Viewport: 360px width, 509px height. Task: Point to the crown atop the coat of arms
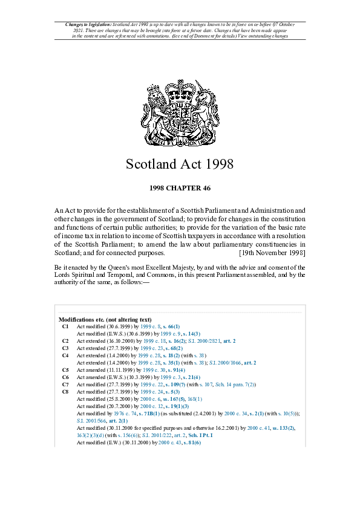tap(180, 88)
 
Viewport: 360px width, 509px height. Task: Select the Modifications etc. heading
tap(105, 319)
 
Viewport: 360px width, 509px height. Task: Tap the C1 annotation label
tap(65, 326)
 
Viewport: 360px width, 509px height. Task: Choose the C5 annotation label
tap(65, 369)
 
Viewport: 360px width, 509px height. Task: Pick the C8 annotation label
tap(65, 391)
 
